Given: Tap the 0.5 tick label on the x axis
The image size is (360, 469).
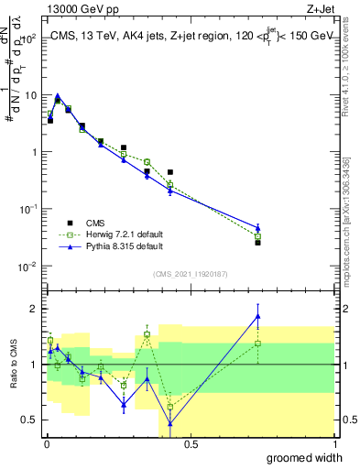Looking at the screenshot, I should [190, 444].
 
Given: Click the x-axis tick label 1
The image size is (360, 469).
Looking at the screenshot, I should [333, 444].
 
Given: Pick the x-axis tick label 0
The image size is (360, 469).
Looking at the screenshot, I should [46, 444].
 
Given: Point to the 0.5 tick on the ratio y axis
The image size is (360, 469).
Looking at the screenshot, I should [30, 420].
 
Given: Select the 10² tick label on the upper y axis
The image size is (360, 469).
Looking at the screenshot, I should [30, 38].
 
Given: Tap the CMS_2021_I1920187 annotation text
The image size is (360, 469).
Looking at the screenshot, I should [190, 274].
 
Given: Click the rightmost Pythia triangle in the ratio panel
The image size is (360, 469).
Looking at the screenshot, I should [257, 316].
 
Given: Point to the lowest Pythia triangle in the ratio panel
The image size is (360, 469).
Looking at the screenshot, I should [170, 423].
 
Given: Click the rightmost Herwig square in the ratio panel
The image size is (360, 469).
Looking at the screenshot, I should [257, 344].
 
